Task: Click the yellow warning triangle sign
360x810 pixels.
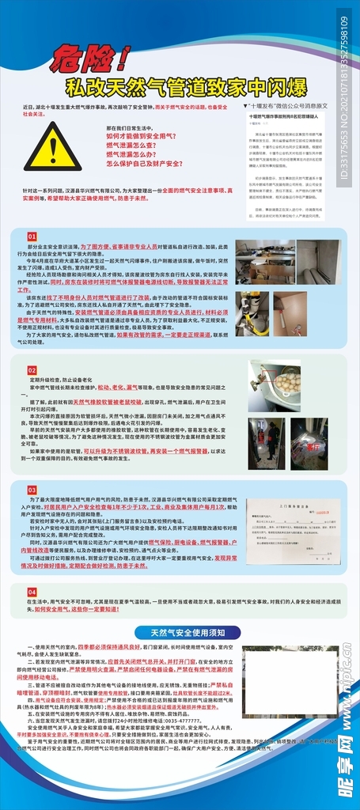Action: [51, 148]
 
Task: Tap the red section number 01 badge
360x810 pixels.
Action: [32, 237]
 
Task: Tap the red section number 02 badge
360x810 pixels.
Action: [32, 369]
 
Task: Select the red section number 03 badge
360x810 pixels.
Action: [32, 490]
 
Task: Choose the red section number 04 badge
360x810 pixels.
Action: [32, 591]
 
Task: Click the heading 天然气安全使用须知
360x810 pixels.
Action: [181, 632]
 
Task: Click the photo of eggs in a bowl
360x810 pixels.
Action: [275, 385]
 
